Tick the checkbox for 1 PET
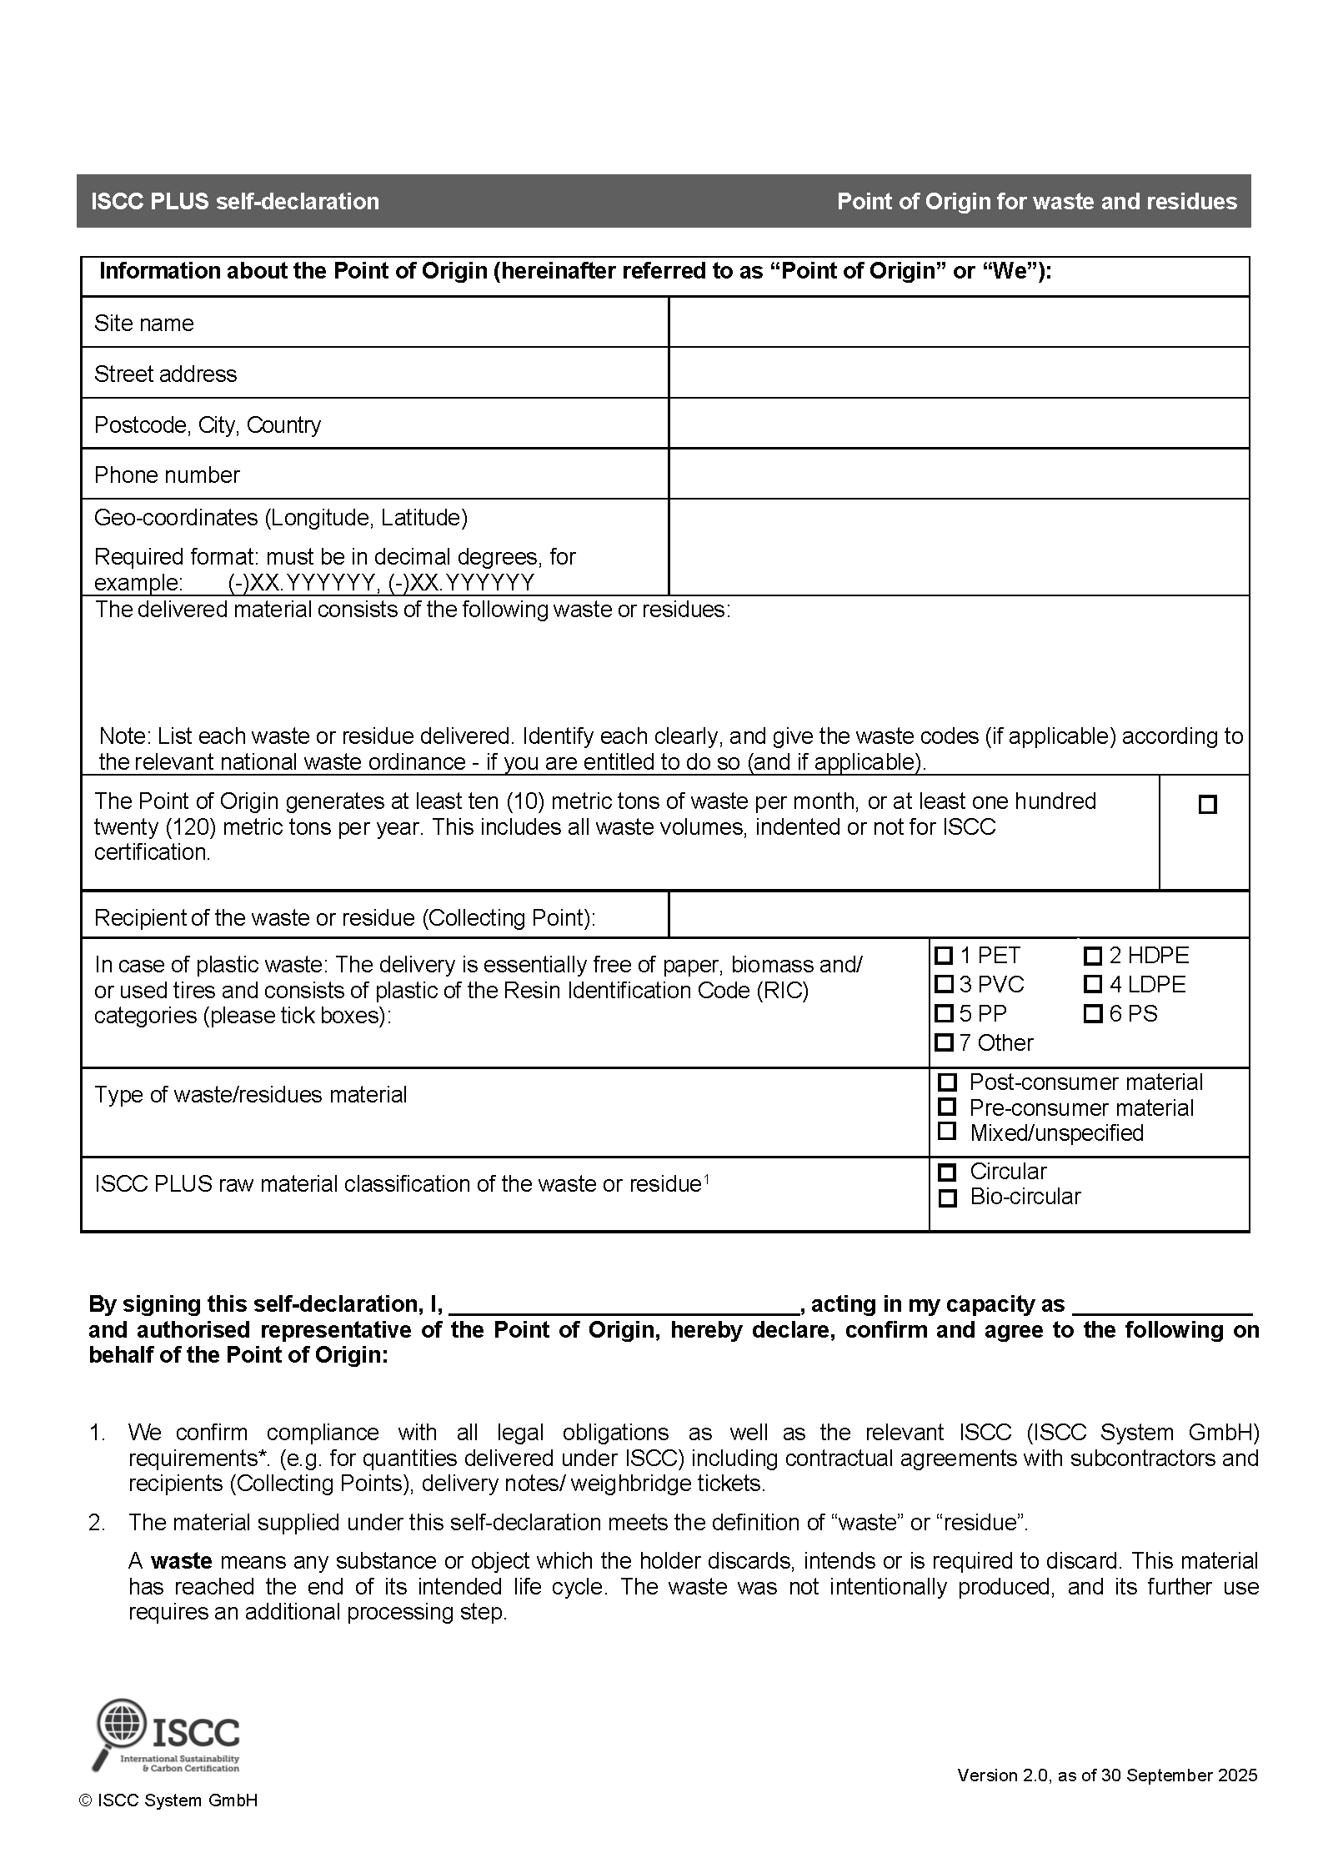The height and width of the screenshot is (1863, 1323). [944, 955]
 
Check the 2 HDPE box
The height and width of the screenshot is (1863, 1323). [1093, 955]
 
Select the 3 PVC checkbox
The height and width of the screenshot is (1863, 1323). [944, 984]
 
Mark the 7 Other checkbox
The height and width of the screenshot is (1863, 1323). [944, 1042]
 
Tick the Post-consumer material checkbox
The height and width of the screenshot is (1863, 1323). [947, 1082]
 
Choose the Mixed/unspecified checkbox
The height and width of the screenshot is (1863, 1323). [947, 1132]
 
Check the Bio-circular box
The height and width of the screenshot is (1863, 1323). [947, 1198]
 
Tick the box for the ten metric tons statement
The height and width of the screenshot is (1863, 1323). [1207, 805]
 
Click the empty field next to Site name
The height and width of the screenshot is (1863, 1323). [959, 322]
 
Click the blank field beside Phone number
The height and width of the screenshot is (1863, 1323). [959, 474]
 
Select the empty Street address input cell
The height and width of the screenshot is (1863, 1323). [959, 373]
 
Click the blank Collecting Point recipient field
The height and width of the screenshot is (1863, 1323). [959, 915]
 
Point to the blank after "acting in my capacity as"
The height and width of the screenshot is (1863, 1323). [1163, 1305]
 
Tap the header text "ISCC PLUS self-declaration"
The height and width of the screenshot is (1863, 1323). [235, 202]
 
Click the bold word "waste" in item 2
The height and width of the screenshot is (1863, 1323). [181, 1561]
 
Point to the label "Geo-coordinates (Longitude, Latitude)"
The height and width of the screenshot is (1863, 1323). [281, 518]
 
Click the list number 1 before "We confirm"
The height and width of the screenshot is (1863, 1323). [97, 1433]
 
